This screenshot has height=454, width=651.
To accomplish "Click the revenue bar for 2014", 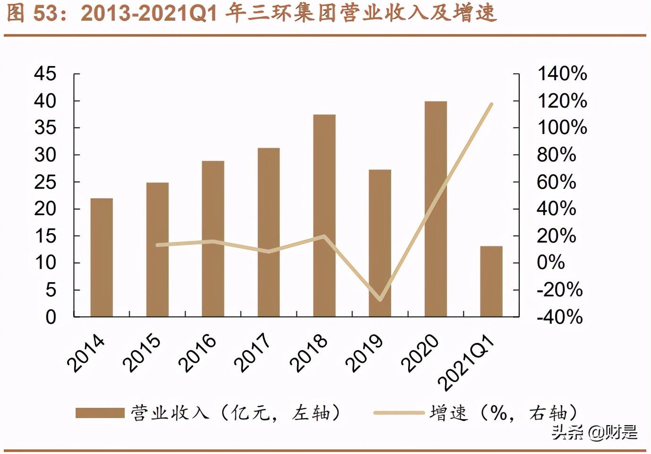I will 102,257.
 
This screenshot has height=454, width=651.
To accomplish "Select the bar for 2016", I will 213,238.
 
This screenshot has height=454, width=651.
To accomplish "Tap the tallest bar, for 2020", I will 436,209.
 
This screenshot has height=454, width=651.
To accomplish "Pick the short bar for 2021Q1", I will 491,281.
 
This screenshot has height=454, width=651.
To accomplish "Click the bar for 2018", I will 324,215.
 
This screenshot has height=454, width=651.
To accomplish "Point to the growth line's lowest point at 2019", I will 380,300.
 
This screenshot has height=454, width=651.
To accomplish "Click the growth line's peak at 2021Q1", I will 492,104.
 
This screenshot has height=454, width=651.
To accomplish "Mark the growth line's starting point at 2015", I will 157,245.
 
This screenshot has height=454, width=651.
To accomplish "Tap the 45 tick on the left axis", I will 45,74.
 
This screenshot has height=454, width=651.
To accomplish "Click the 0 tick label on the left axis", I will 51,317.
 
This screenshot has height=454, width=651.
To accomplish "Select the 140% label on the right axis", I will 562,74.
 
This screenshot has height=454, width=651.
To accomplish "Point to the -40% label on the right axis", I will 559,317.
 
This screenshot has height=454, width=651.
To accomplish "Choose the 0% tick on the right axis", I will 550,262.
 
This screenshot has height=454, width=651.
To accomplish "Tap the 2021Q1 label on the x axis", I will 466,362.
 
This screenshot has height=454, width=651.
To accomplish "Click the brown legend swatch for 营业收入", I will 100,413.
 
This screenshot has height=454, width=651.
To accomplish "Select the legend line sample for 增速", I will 398,413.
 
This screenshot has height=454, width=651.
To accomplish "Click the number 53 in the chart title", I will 46,13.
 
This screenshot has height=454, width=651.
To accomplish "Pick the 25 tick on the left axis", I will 45,182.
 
